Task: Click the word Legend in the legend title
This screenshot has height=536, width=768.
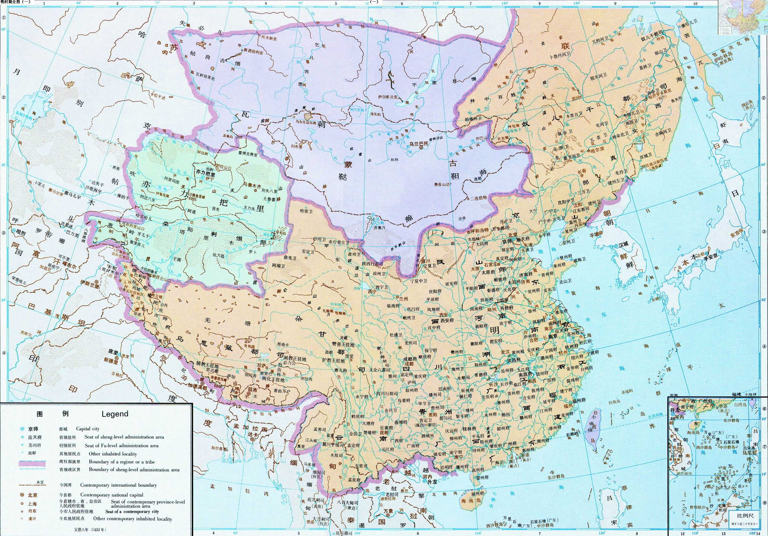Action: tap(115, 414)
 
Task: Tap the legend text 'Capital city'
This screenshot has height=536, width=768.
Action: tap(88, 428)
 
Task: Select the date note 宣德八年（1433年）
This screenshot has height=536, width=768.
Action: tap(89, 530)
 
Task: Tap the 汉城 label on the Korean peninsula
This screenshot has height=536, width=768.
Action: tap(624, 244)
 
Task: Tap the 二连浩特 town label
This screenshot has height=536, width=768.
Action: tap(479, 198)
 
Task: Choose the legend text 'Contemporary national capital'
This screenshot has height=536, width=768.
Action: tap(112, 494)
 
